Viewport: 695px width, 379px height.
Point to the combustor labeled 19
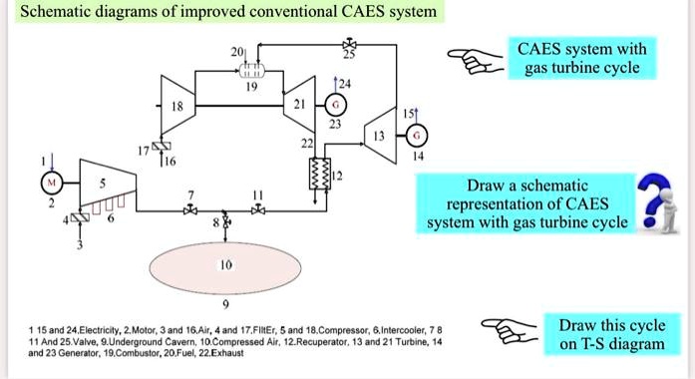[241, 69]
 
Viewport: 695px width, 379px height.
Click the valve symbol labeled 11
[259, 209]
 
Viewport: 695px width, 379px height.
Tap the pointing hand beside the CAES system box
[470, 60]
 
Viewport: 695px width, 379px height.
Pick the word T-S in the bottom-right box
[603, 344]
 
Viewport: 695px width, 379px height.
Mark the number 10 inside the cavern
[225, 268]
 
